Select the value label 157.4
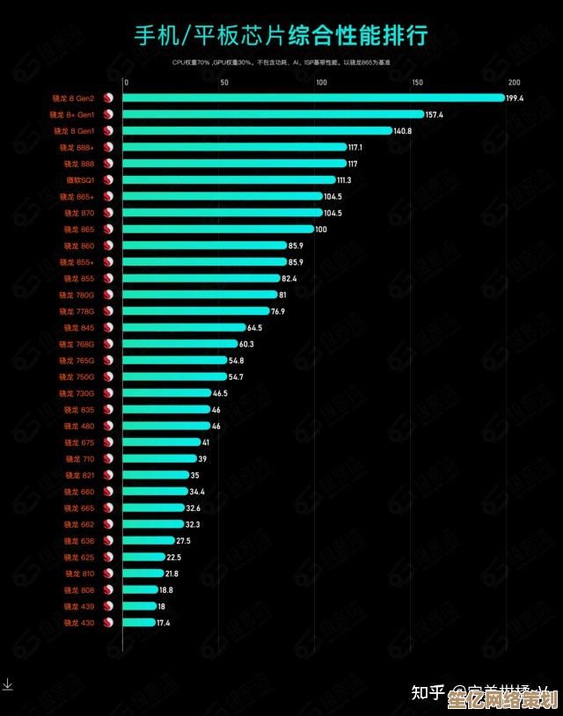[435, 114]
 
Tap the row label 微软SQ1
[80, 179]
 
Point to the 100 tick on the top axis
[320, 82]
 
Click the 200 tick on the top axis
[514, 82]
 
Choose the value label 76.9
[278, 311]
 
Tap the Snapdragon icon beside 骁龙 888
[109, 164]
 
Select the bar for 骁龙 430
[139, 622]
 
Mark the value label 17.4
[164, 623]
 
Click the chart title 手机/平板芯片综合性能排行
[281, 36]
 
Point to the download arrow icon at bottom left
[7, 683]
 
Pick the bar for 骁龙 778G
[196, 311]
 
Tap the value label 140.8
[403, 131]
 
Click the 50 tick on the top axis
[224, 82]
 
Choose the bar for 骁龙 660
[155, 491]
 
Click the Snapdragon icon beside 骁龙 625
[109, 557]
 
